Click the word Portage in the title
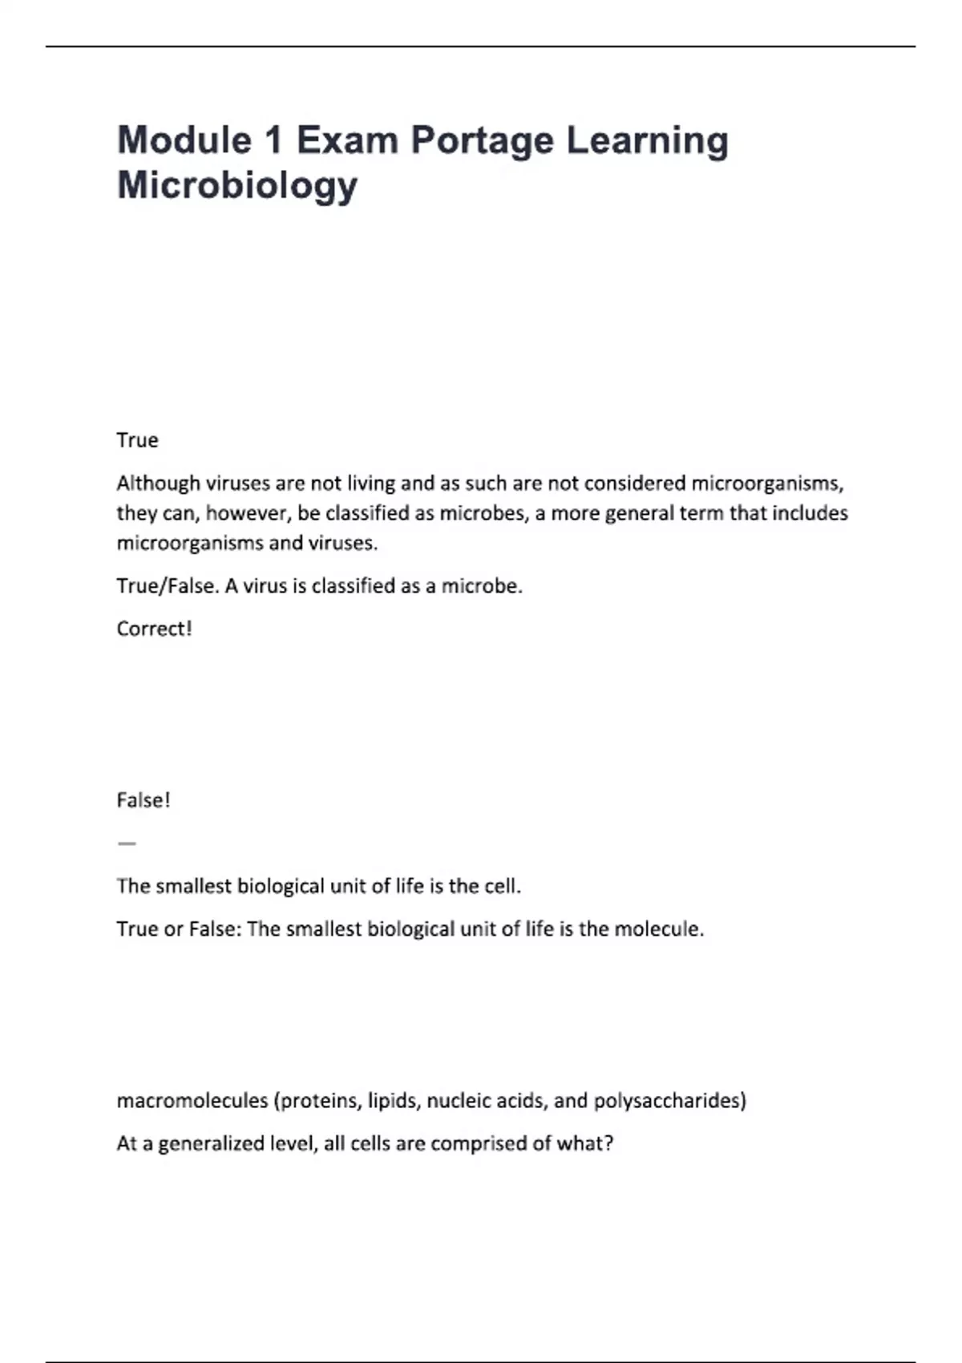pos(482,142)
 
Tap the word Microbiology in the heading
pos(237,185)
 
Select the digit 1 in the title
pos(273,140)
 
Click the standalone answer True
pos(137,440)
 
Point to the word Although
pos(158,483)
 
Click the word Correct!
pos(154,629)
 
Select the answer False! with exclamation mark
pos(143,800)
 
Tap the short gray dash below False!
pos(127,843)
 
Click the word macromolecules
pos(192,1101)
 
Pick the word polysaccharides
pos(669,1101)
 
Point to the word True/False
pos(166,586)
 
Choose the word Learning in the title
pos(648,142)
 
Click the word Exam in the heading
pos(347,140)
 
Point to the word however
pos(247,513)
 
